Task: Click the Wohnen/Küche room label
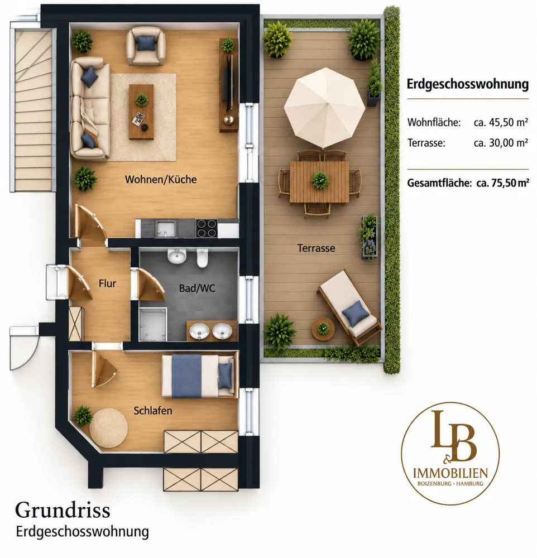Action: (x=161, y=179)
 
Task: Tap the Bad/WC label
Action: (x=197, y=288)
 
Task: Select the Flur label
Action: (x=107, y=283)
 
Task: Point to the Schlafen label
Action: (x=153, y=411)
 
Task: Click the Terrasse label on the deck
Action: (x=316, y=248)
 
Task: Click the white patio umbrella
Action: (x=324, y=108)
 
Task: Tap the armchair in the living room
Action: (x=146, y=46)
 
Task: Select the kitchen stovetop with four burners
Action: (x=207, y=228)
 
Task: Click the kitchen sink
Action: (x=166, y=228)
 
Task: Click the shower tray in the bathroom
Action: (x=152, y=325)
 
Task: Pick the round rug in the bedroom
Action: (x=109, y=428)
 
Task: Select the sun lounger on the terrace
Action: (x=349, y=307)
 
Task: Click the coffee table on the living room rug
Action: (x=141, y=112)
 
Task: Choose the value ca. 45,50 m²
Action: (x=501, y=122)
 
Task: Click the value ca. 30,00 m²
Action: (x=501, y=143)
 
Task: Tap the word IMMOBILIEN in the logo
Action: (x=450, y=473)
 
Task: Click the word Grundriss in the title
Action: (x=63, y=511)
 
